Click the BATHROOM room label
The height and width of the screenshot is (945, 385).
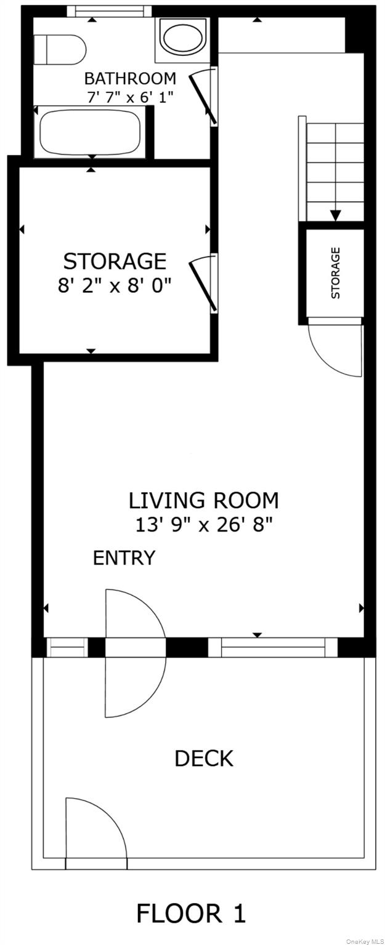[130, 79]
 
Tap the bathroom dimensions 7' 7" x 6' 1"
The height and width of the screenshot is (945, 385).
[130, 98]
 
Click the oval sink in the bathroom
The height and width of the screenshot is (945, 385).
[182, 38]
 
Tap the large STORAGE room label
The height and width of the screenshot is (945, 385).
[115, 261]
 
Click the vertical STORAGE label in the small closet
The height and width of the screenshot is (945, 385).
[336, 273]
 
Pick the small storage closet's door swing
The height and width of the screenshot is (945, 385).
[336, 349]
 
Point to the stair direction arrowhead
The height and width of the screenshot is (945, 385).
[336, 216]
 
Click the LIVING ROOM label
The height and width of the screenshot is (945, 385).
[204, 500]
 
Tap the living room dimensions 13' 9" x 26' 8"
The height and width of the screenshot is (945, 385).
[204, 525]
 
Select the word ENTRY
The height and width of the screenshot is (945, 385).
[124, 558]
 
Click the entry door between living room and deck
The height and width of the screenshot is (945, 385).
[136, 653]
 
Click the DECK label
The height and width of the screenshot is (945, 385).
[204, 758]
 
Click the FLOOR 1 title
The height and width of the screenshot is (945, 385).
[191, 914]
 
